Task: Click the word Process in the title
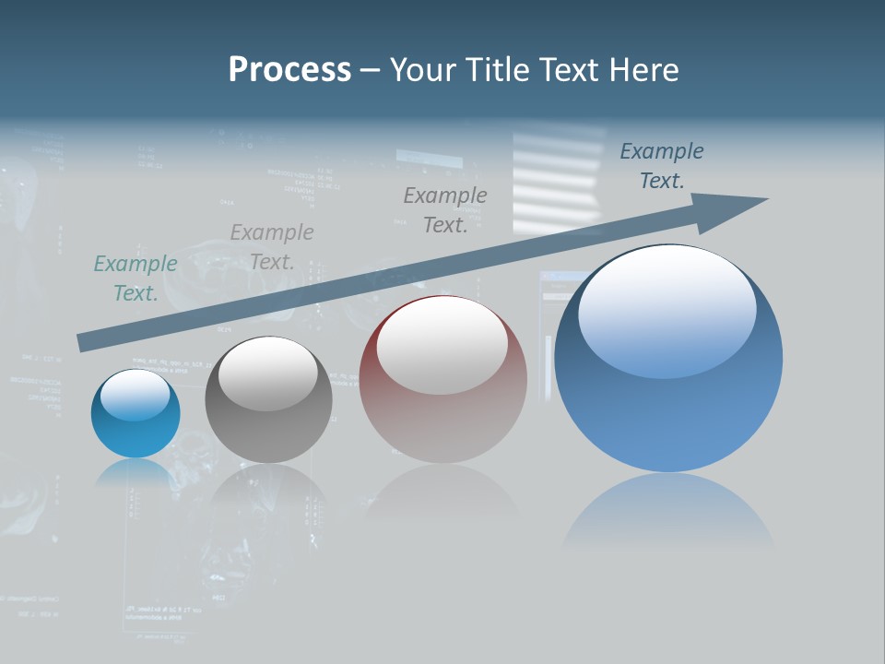click(x=289, y=70)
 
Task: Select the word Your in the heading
click(x=422, y=70)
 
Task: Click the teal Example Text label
click(x=136, y=279)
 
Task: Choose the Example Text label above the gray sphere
click(x=272, y=247)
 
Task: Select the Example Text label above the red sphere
click(x=445, y=210)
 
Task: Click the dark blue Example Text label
click(x=662, y=166)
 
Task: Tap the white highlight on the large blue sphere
click(x=667, y=311)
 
